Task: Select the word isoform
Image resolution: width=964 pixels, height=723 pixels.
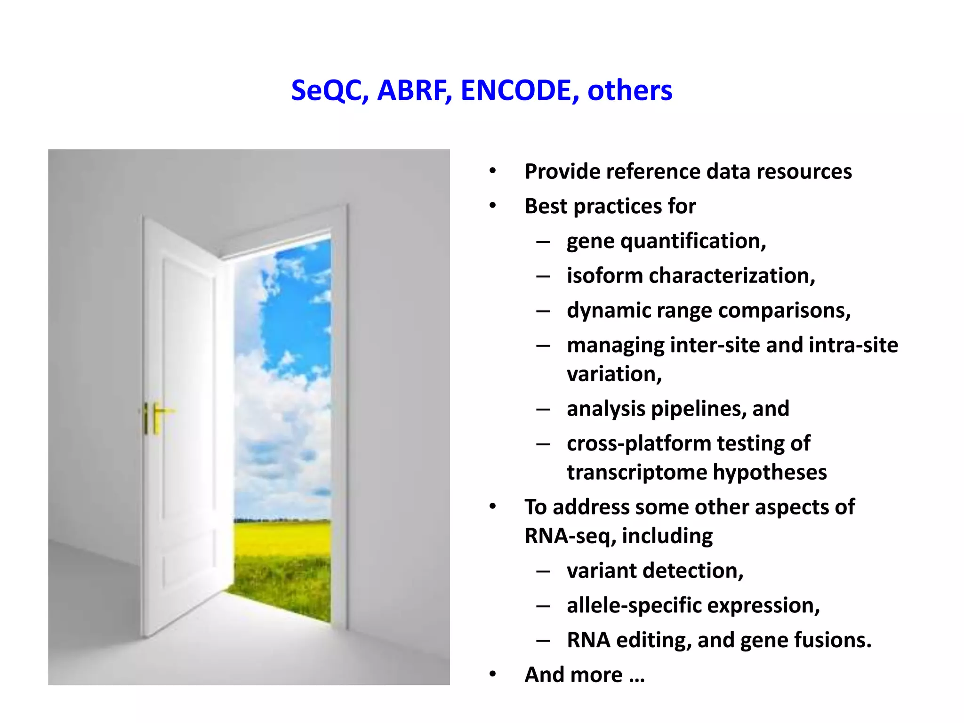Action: tap(604, 276)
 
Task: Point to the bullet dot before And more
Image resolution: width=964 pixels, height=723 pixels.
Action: tap(492, 675)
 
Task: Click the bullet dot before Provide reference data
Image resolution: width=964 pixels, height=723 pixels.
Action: tap(492, 171)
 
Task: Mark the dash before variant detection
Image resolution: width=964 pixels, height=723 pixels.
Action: tap(543, 571)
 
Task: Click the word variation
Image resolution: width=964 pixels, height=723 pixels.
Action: tap(614, 374)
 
